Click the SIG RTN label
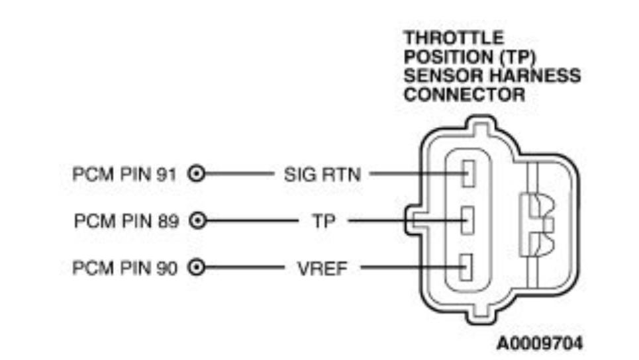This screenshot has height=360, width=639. [x=322, y=175]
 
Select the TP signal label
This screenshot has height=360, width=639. [x=324, y=221]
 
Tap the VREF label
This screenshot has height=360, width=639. [x=322, y=268]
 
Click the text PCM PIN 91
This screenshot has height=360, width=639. [x=126, y=175]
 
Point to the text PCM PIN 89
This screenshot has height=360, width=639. [x=126, y=221]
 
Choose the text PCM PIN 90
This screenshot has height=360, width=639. [x=126, y=268]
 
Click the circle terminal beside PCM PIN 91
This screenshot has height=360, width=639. [x=197, y=175]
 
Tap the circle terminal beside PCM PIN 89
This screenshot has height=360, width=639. [x=197, y=221]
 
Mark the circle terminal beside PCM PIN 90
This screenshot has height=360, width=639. [x=197, y=268]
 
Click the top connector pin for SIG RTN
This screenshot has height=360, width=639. [x=468, y=175]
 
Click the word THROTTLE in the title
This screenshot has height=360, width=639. [x=454, y=38]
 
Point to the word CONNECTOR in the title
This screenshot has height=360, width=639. [x=464, y=94]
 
